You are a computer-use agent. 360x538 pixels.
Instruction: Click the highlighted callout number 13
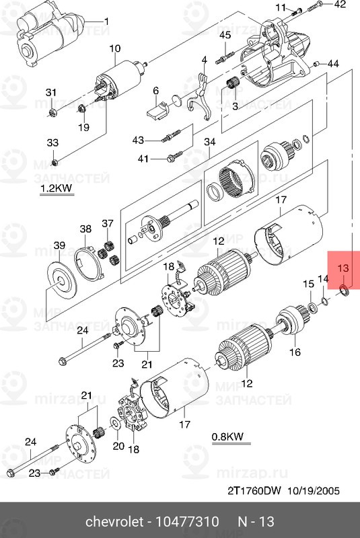coord(343,268)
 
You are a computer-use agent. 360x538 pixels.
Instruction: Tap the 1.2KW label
coord(56,188)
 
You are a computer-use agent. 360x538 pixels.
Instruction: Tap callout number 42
coord(339,5)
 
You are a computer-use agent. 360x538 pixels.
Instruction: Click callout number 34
coord(210,142)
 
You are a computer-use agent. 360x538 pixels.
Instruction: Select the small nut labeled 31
coord(52,111)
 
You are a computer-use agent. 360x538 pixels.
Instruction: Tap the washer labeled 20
coord(116,425)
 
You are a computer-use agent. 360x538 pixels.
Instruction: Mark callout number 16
coord(294,352)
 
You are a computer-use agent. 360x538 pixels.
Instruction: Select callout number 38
coord(85,230)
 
